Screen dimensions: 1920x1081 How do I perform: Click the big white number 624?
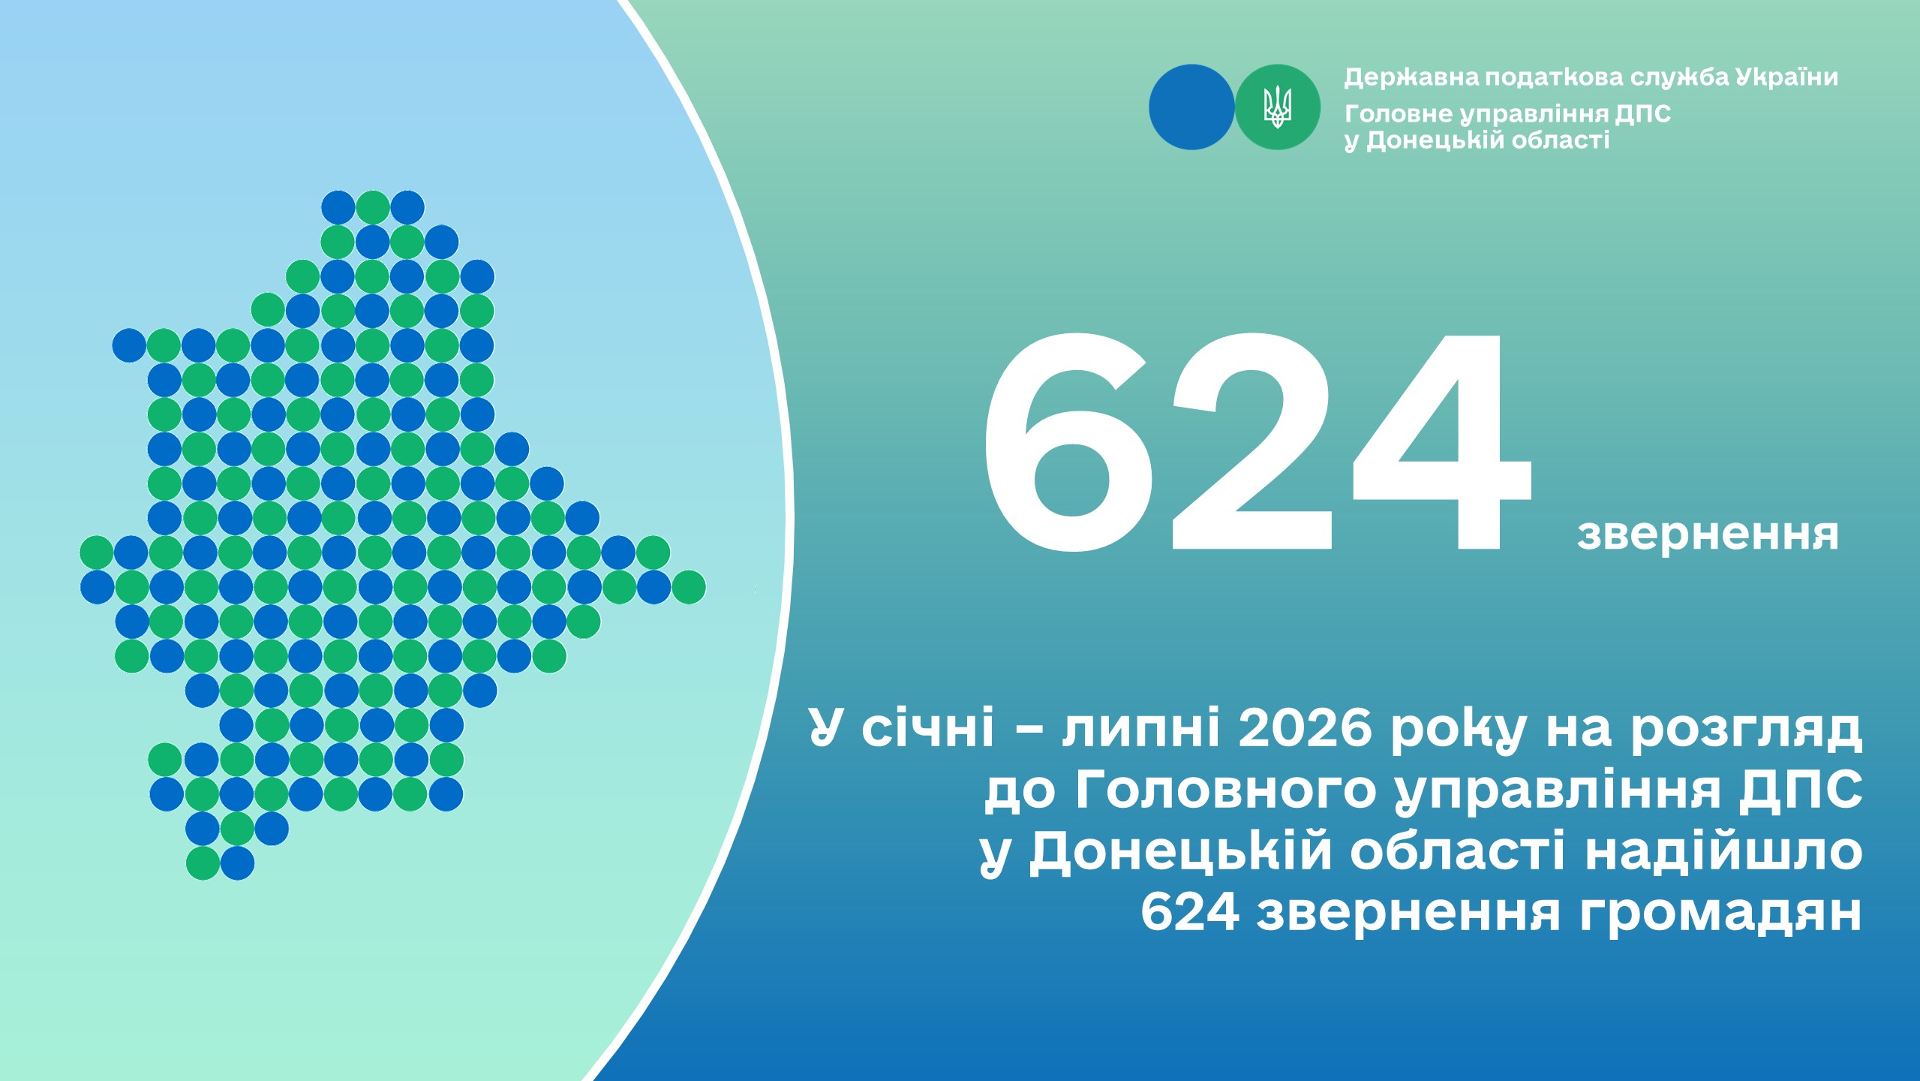pyautogui.click(x=1257, y=443)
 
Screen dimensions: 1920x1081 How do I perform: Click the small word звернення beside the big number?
pyautogui.click(x=1708, y=534)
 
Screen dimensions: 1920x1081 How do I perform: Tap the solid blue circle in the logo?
pyautogui.click(x=1191, y=107)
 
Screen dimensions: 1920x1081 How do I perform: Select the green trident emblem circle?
pyautogui.click(x=1278, y=107)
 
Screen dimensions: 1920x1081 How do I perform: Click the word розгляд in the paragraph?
pyautogui.click(x=1747, y=730)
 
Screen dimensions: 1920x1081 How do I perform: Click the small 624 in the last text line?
pyautogui.click(x=1190, y=913)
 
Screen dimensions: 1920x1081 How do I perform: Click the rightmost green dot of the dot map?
pyautogui.click(x=689, y=587)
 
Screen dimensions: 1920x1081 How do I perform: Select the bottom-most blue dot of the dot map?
pyautogui.click(x=238, y=863)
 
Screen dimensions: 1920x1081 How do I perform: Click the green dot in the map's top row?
pyautogui.click(x=373, y=207)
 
